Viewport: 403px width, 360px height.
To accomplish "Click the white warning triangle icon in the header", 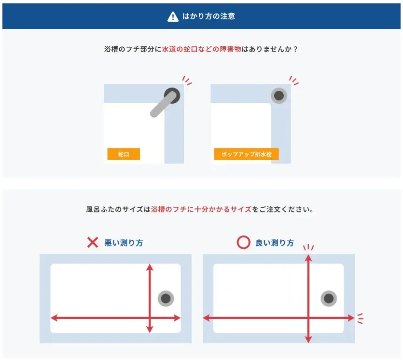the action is [173, 17].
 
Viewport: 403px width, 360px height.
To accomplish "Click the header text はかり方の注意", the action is [208, 16].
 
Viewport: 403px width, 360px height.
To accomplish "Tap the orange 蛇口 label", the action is [124, 154].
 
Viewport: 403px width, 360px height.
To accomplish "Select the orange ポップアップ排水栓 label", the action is [247, 154].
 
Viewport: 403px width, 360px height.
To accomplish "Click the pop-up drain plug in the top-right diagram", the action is [279, 96].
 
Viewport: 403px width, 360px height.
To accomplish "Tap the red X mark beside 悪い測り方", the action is [93, 242].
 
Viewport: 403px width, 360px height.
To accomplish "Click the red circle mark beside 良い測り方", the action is [243, 242].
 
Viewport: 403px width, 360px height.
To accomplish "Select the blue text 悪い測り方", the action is [124, 243].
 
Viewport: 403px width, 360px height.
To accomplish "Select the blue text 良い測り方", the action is [275, 243].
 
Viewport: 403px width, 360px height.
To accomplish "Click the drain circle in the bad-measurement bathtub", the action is [166, 299].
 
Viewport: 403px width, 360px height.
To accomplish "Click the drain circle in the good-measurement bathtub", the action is [329, 299].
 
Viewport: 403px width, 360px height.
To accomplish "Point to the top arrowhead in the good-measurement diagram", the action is [308, 257].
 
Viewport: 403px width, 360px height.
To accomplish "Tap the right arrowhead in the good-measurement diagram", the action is [351, 318].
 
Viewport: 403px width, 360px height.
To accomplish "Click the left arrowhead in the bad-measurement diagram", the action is [54, 318].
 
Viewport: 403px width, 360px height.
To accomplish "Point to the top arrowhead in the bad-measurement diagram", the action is [150, 267].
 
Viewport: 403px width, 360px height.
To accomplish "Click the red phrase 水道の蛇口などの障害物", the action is [202, 49].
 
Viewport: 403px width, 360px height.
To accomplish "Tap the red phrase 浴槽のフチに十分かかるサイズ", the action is [201, 209].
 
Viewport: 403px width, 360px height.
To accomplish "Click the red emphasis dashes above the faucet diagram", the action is [187, 80].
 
